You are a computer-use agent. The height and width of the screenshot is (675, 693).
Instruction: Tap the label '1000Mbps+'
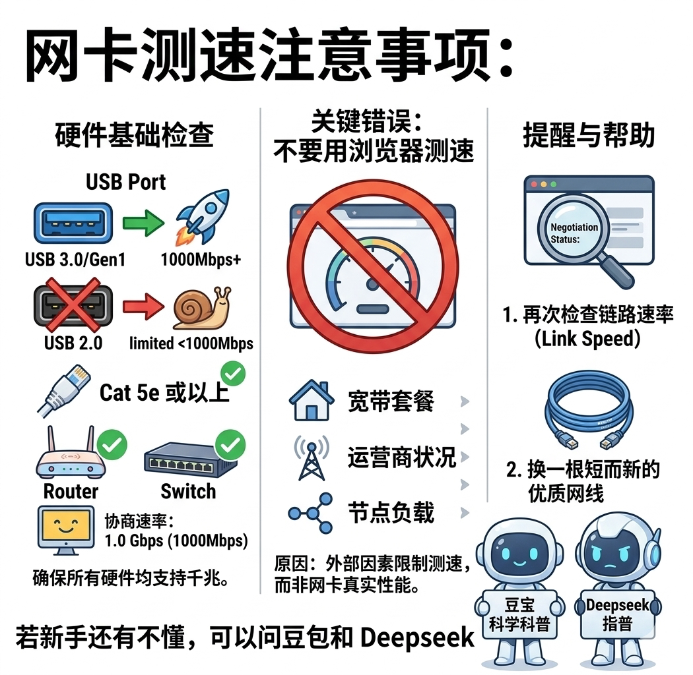click(x=201, y=260)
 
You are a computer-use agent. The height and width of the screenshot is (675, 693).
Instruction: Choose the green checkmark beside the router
click(x=112, y=446)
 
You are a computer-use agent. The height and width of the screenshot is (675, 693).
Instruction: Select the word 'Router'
click(x=71, y=491)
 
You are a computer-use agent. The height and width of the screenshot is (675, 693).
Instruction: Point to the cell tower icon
click(x=308, y=457)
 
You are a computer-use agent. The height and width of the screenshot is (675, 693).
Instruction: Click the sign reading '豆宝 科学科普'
click(x=519, y=615)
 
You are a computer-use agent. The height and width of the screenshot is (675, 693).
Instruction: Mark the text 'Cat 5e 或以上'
click(x=164, y=394)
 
